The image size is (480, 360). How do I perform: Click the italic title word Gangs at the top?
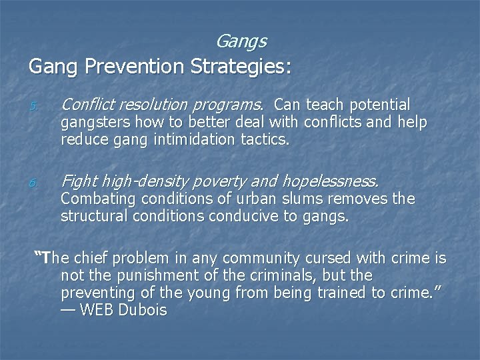coord(241,41)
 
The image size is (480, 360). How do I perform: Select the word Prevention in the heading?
coord(132,67)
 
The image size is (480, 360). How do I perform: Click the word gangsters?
coord(92,121)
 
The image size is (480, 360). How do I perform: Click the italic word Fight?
coord(79,180)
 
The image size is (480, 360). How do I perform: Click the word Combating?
coord(92,199)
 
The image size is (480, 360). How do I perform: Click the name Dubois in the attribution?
coord(142,310)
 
